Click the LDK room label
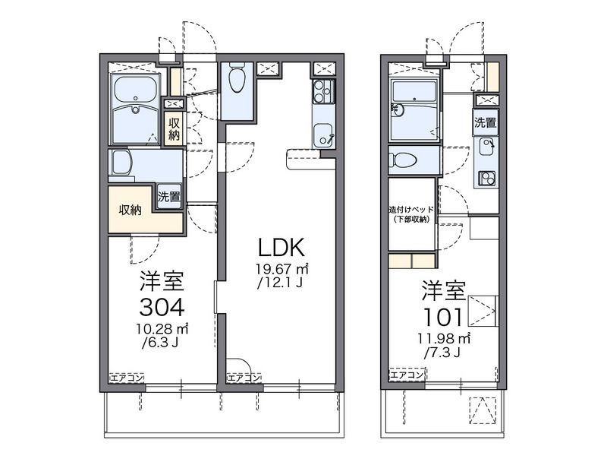(x=281, y=247)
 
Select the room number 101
(x=443, y=318)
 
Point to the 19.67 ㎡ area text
(x=281, y=268)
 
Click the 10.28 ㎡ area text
(x=162, y=329)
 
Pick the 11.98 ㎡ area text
(x=444, y=339)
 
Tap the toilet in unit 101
(x=403, y=160)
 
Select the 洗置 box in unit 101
(x=486, y=123)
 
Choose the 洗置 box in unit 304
(x=169, y=197)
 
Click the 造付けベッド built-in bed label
(x=411, y=214)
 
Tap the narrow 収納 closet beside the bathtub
(x=174, y=129)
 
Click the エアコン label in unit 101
(x=407, y=375)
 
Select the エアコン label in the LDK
(x=244, y=378)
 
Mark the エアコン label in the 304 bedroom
(x=127, y=378)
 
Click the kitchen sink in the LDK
(x=323, y=135)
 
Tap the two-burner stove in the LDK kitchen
(x=324, y=91)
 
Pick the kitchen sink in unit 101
(x=486, y=147)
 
